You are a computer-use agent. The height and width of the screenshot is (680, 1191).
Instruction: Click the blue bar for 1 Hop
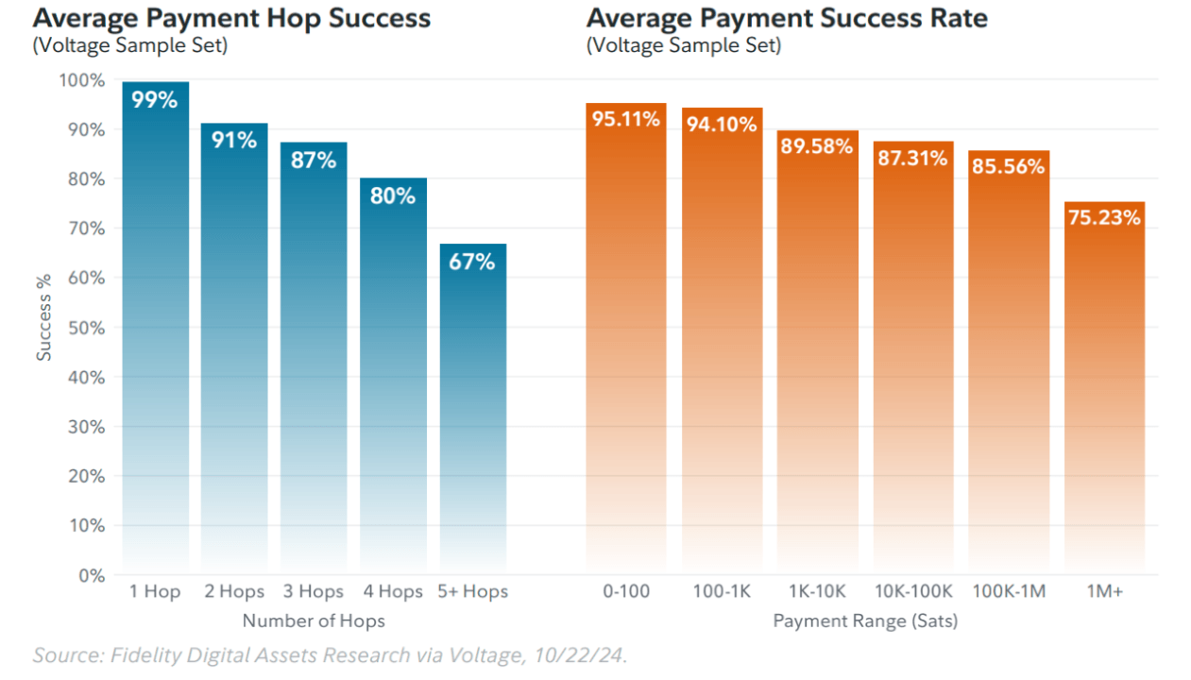click(x=155, y=331)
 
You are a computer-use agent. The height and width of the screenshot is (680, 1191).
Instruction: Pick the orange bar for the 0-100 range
click(x=625, y=340)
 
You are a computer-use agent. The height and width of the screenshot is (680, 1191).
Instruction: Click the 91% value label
click(x=234, y=141)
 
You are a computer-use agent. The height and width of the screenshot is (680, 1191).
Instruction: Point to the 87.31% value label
click(x=912, y=158)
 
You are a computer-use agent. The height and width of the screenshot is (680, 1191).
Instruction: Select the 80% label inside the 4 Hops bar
click(x=393, y=195)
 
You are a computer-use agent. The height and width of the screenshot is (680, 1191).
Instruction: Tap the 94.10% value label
click(x=722, y=124)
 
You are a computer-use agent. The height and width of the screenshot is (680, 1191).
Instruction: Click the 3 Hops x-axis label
click(x=314, y=592)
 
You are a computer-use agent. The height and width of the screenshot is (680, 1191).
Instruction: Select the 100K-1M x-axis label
click(x=1008, y=592)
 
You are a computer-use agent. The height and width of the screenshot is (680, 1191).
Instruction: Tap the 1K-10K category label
click(x=818, y=592)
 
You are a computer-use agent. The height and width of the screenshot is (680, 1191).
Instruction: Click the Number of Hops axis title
click(x=314, y=620)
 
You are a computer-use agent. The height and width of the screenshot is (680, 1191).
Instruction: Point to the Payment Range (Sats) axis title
click(x=865, y=620)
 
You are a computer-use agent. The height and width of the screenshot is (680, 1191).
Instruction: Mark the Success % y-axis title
click(x=44, y=317)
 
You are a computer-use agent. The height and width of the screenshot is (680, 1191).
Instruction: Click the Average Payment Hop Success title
click(x=231, y=18)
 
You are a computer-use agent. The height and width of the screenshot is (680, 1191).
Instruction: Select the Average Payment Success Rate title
click(x=787, y=18)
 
